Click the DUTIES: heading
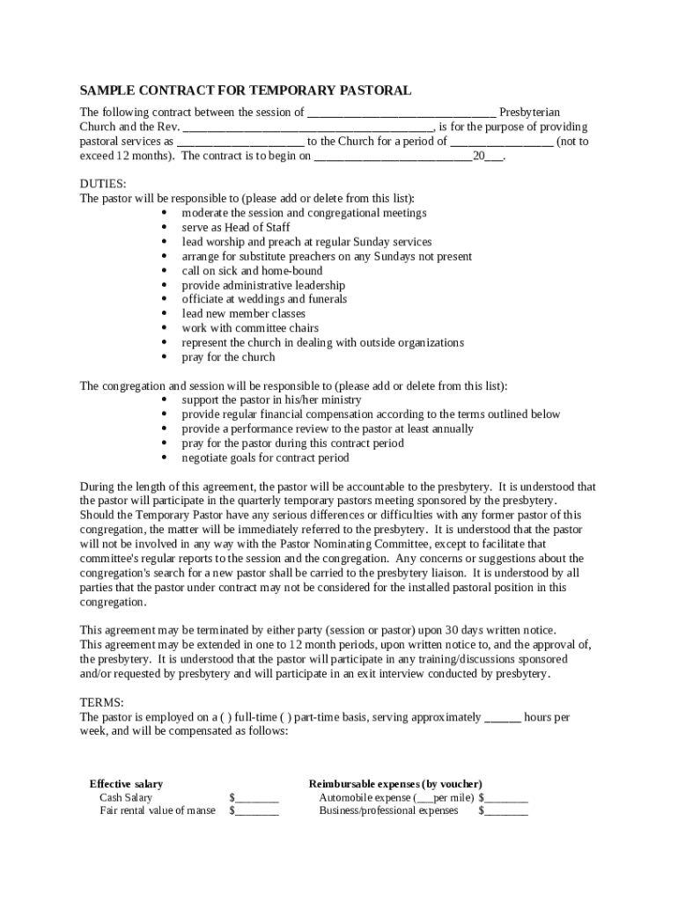point(103,184)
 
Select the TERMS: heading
point(102,702)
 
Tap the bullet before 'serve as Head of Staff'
point(166,228)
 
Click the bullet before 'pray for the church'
point(166,357)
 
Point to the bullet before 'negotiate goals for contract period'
point(166,458)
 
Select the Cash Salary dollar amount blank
point(256,799)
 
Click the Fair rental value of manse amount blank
point(256,812)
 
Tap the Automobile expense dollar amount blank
point(505,799)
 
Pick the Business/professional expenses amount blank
point(505,812)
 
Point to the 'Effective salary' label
point(126,784)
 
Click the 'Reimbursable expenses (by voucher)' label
point(395,784)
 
